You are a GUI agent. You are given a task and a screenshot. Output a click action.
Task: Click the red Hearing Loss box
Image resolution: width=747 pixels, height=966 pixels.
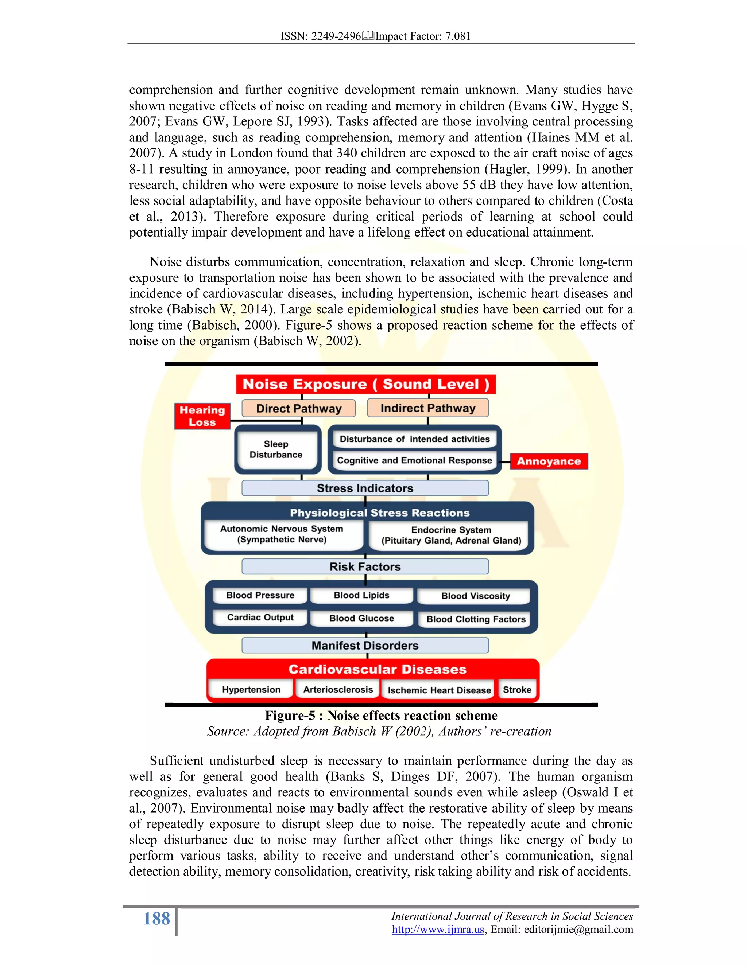202,416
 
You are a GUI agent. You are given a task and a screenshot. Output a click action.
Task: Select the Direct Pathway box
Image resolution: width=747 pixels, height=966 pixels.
299,408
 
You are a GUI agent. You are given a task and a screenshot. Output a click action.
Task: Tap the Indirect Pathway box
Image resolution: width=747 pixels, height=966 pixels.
427,408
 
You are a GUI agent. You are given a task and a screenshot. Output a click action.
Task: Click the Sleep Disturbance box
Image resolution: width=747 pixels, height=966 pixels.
276,449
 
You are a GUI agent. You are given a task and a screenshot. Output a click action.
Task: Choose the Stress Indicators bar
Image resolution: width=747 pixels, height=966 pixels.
365,488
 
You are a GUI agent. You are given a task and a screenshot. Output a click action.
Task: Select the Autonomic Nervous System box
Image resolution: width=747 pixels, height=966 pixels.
282,534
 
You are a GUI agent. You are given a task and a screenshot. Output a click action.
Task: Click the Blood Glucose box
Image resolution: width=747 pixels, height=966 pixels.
361,618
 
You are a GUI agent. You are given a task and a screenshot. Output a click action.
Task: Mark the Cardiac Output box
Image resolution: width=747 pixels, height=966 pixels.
260,618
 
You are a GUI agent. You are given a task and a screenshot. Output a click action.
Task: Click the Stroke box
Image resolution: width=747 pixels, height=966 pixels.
517,690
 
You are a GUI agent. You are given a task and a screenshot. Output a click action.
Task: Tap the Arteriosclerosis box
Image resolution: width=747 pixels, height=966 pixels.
338,690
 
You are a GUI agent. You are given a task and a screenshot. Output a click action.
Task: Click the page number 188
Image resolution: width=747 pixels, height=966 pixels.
156,919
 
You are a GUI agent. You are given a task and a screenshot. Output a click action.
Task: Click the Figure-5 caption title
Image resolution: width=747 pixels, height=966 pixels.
381,715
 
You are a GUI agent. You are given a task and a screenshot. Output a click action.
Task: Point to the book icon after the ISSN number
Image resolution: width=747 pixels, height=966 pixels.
368,36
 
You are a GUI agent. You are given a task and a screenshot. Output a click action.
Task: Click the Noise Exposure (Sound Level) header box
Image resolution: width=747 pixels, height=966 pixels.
365,384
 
